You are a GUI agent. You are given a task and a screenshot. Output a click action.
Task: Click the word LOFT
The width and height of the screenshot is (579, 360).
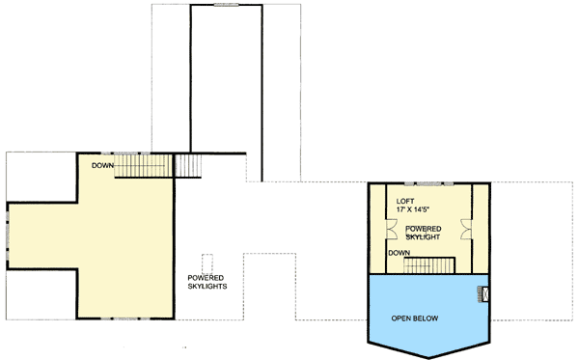(x=406, y=202)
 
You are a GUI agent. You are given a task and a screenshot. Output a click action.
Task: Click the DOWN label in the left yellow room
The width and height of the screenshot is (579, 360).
(x=104, y=165)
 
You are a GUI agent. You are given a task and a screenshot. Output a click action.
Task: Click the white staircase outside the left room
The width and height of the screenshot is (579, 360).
(x=188, y=165)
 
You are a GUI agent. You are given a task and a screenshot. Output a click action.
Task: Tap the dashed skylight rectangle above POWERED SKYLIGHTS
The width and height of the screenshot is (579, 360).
(x=207, y=263)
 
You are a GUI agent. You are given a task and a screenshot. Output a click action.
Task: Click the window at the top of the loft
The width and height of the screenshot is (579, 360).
(x=428, y=182)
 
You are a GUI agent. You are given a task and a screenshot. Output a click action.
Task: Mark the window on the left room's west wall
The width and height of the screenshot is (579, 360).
(x=8, y=234)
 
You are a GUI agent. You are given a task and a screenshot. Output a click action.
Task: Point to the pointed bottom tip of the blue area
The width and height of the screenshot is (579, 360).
(x=427, y=354)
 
